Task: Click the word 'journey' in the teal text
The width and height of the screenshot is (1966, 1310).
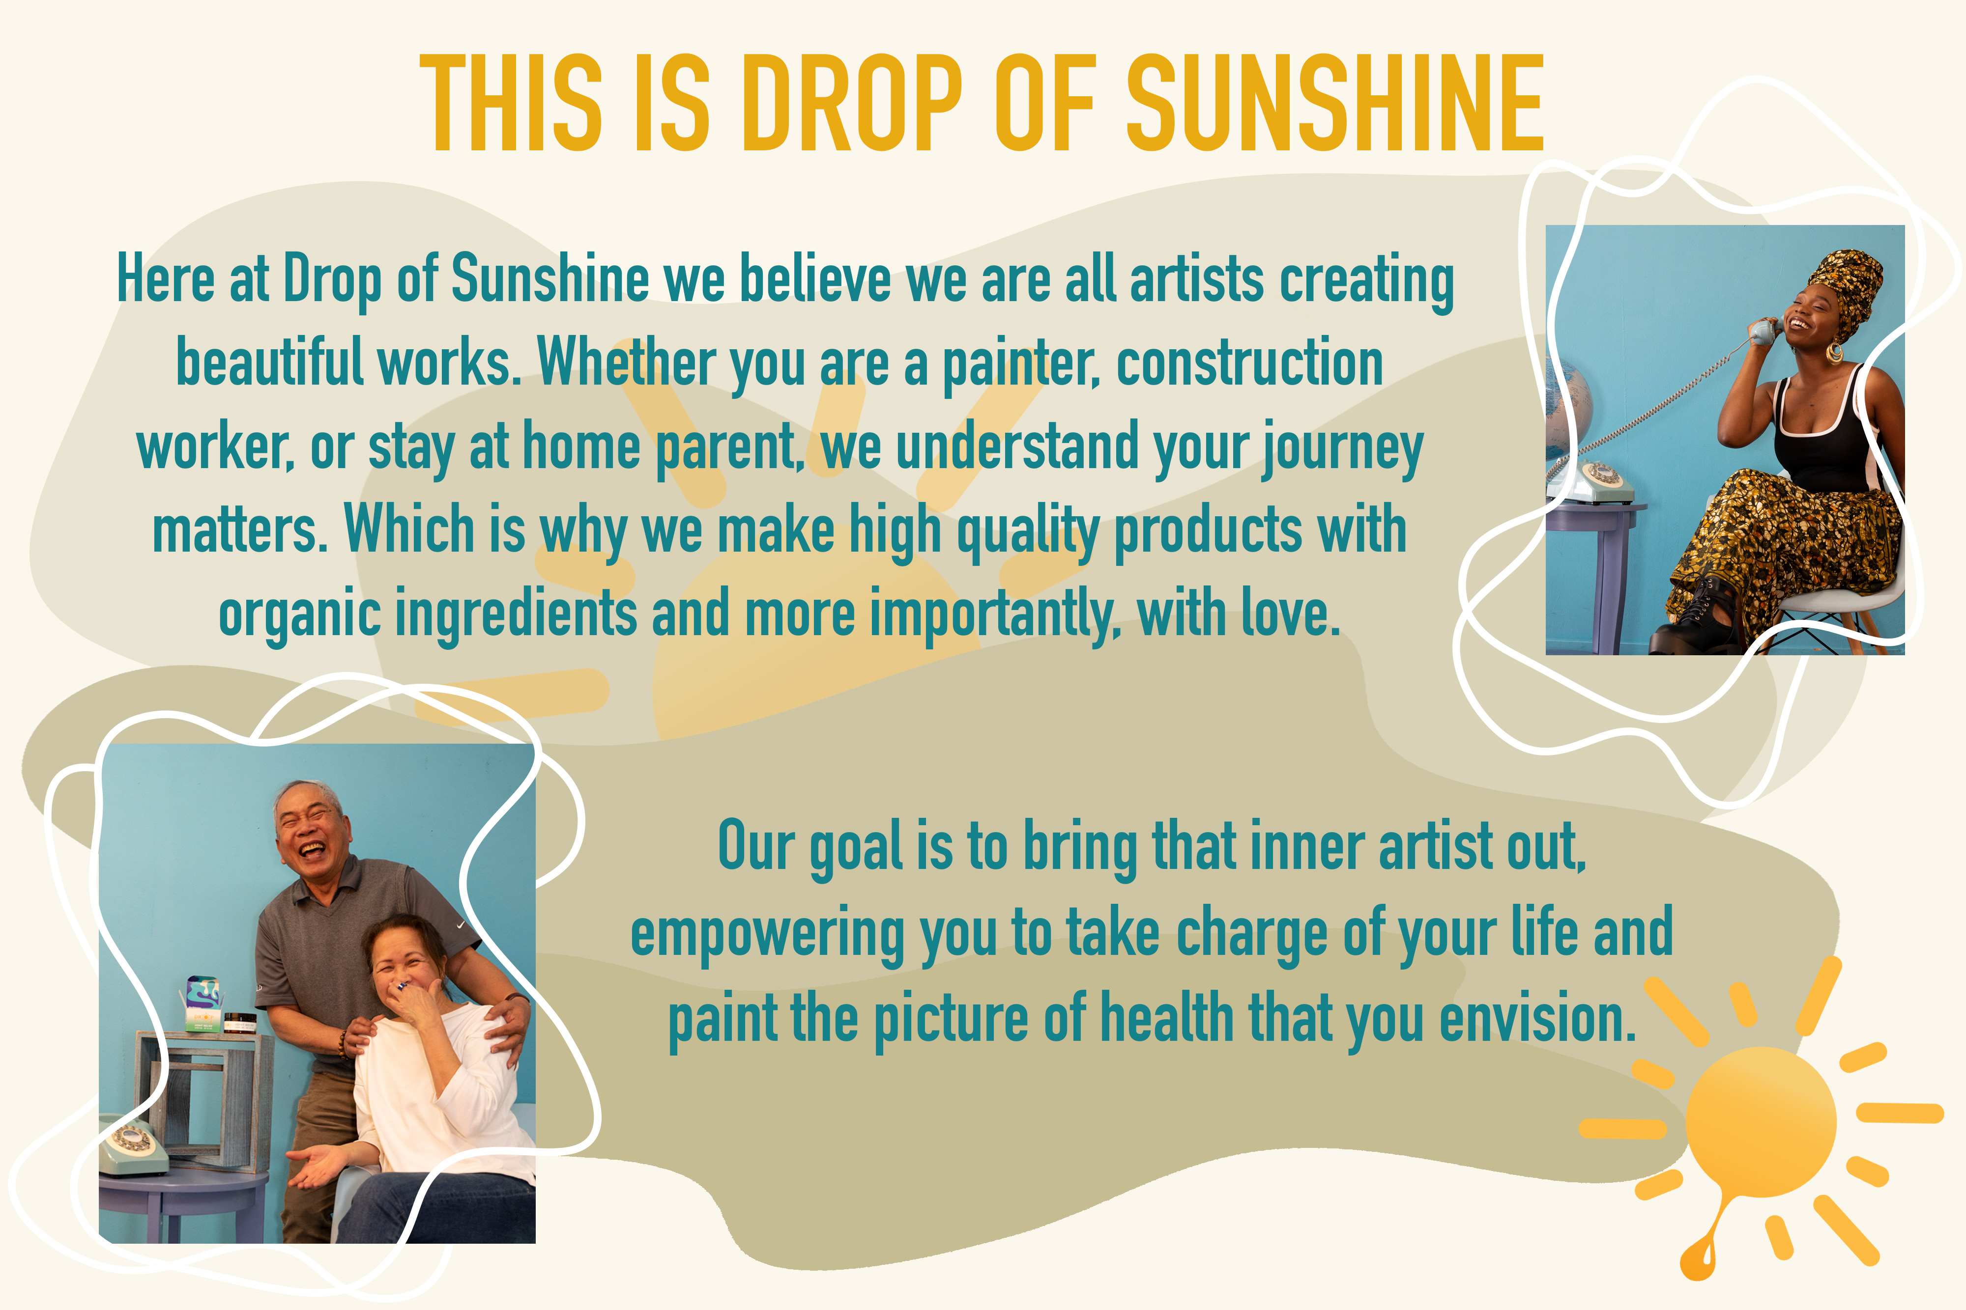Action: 1342,448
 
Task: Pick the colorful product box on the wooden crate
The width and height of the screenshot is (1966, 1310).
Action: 202,1003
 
